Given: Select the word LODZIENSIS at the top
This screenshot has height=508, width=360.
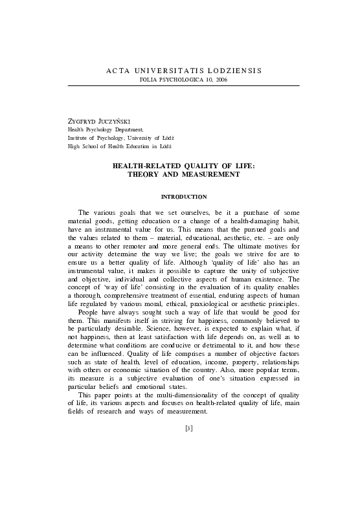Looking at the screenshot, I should (x=234, y=69).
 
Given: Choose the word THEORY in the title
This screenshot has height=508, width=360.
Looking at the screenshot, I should (x=145, y=175).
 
